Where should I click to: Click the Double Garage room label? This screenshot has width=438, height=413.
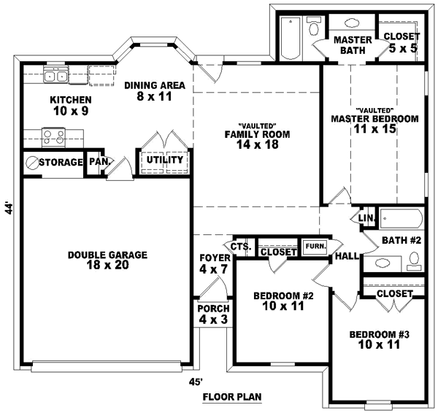click(x=107, y=260)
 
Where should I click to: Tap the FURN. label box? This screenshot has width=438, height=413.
click(x=315, y=246)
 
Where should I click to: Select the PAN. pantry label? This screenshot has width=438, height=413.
click(x=98, y=161)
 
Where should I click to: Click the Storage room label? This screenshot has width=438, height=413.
click(x=61, y=162)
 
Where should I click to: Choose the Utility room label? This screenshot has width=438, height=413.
click(x=164, y=160)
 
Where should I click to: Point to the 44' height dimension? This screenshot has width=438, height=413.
click(x=9, y=209)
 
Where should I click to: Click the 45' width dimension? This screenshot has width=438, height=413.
click(x=195, y=381)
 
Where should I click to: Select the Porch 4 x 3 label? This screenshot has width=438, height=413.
click(x=214, y=314)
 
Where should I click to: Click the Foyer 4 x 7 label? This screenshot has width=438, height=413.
click(x=215, y=263)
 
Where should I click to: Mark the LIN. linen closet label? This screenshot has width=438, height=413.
click(x=367, y=218)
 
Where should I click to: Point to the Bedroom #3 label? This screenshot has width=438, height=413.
click(x=379, y=339)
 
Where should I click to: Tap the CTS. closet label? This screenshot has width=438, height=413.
click(x=242, y=247)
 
